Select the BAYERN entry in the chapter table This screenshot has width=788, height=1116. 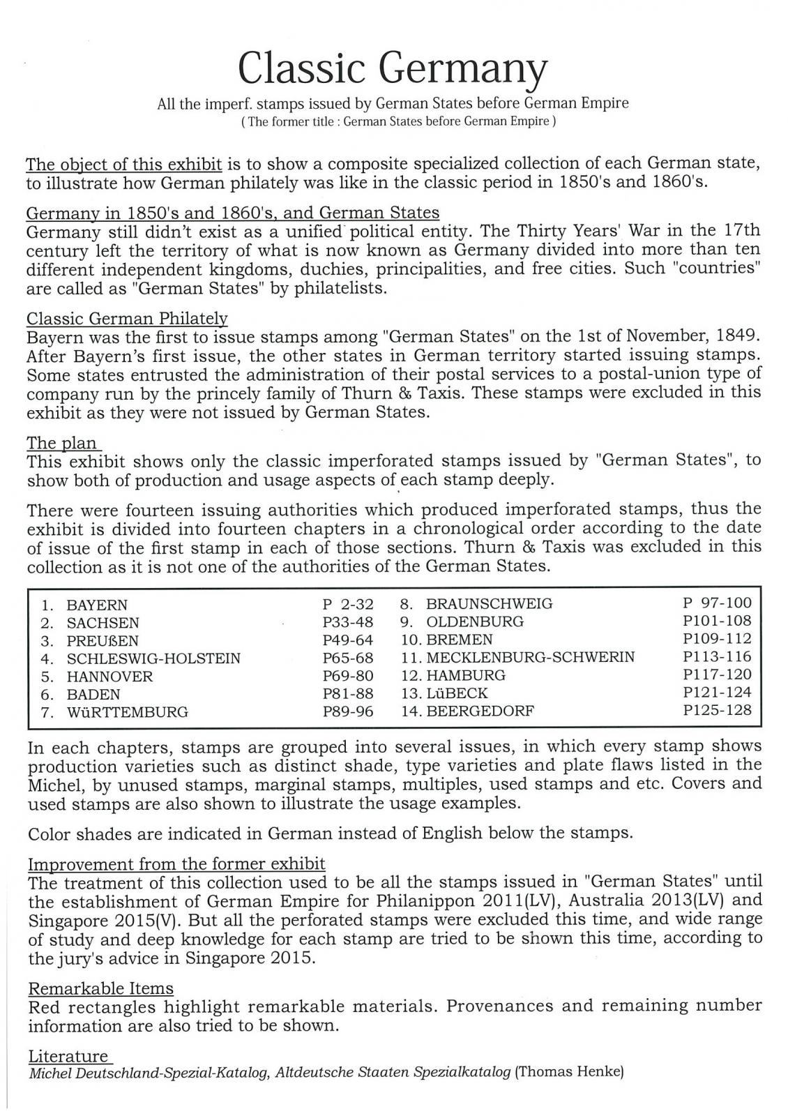[97, 605]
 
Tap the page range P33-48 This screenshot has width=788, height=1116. [348, 622]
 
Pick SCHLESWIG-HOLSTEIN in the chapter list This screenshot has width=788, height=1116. [153, 658]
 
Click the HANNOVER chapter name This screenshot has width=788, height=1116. [109, 677]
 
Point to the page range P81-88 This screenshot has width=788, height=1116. [348, 694]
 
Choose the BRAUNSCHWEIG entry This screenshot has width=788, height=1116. [489, 604]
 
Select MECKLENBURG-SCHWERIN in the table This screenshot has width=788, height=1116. [530, 657]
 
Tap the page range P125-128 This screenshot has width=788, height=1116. [718, 711]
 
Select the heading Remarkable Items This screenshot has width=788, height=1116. [100, 988]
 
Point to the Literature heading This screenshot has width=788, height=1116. [68, 1056]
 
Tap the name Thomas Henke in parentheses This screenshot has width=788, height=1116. [568, 1073]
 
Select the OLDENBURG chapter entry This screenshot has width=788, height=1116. [474, 621]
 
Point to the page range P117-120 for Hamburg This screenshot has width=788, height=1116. [718, 674]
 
